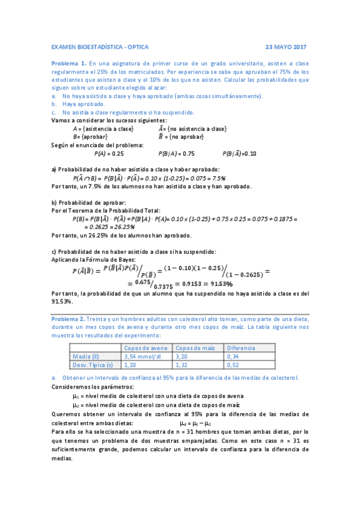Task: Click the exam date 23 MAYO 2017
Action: [286, 46]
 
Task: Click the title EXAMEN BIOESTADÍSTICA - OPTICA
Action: [99, 46]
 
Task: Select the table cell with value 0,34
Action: [233, 356]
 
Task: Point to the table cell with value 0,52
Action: [233, 364]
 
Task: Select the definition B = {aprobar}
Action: [90, 137]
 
